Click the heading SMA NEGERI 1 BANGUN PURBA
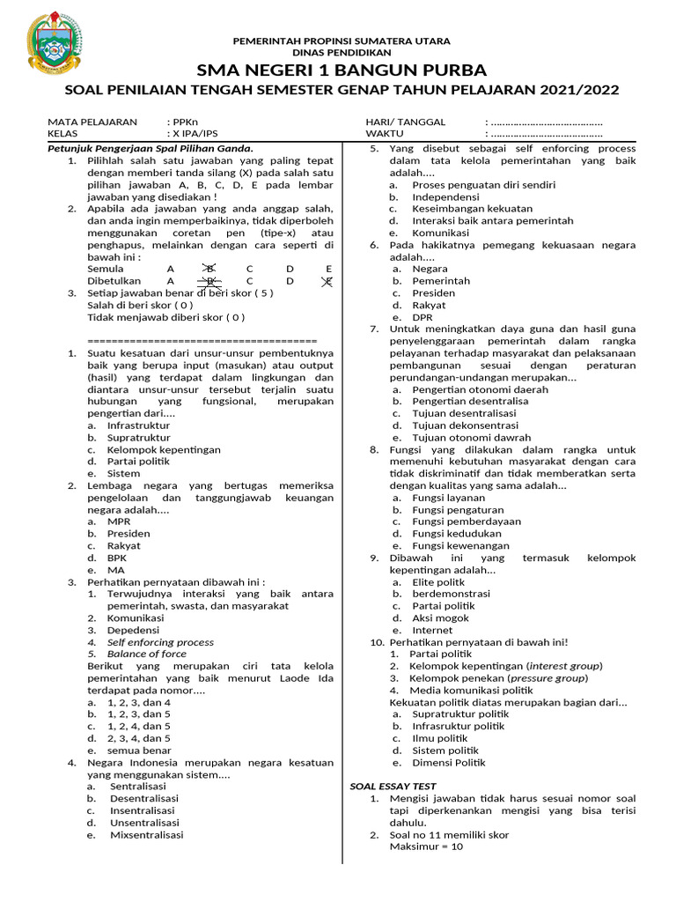(342, 70)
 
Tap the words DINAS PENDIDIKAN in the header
(342, 53)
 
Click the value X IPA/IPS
(195, 134)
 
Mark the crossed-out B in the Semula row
(209, 269)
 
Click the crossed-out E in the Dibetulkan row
(328, 281)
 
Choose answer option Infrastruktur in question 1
(138, 425)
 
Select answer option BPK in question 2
(117, 558)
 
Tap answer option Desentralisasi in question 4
(144, 798)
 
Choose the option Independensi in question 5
(445, 197)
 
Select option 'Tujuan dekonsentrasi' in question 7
(467, 425)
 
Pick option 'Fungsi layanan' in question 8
(448, 498)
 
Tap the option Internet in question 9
(432, 630)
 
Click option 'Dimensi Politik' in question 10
(448, 763)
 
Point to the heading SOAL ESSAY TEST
(393, 786)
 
